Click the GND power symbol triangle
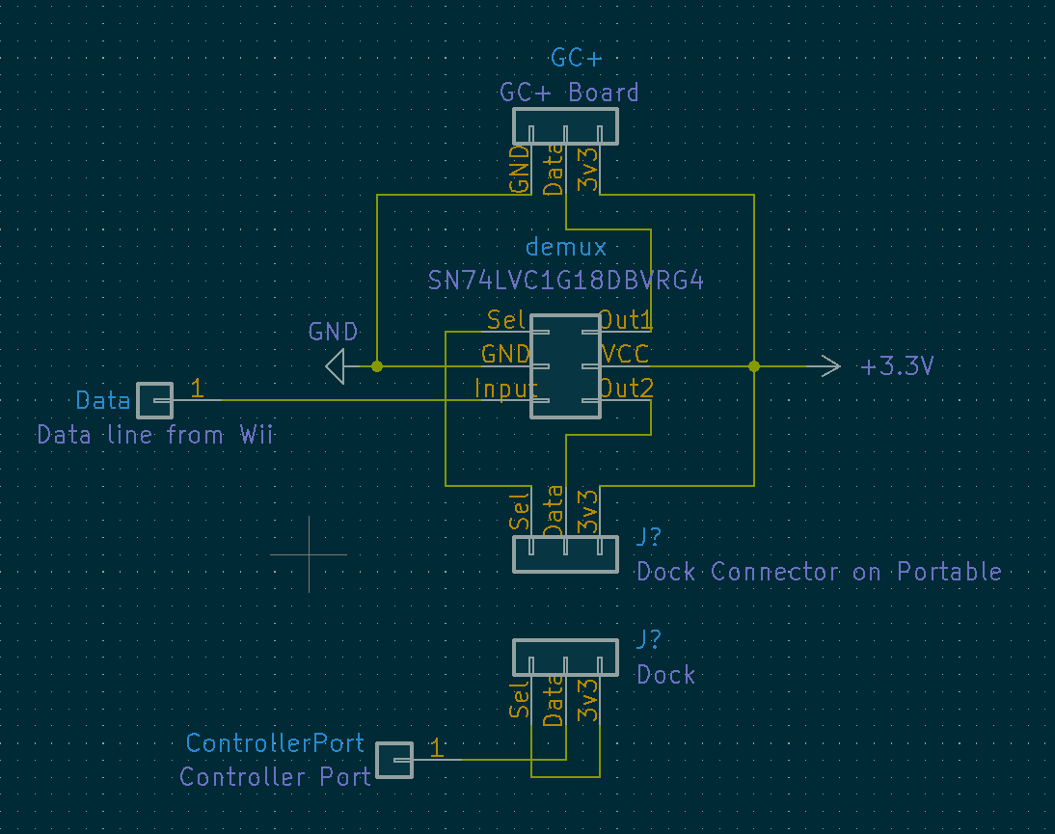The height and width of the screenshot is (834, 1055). pos(336,366)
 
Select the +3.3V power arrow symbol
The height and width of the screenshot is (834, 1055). pos(824,366)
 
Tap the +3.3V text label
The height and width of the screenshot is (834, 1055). pos(897,366)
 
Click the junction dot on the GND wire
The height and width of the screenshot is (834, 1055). pos(377,366)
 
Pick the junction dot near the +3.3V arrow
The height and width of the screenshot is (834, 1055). pos(753,366)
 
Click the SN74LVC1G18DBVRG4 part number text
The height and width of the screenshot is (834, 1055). pos(566,281)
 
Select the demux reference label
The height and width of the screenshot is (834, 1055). pos(566,247)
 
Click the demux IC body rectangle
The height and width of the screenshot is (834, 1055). pos(565,366)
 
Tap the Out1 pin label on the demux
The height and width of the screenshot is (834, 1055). pos(626,320)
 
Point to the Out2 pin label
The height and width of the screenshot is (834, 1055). pos(627,389)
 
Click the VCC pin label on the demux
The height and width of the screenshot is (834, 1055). pos(625,354)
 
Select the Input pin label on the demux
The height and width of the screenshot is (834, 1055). pos(506,389)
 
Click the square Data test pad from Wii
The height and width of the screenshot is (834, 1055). pos(154,400)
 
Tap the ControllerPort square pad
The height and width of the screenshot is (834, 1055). pos(394,760)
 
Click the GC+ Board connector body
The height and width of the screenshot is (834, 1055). pos(565,126)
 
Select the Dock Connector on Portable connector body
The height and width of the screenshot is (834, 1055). pos(565,554)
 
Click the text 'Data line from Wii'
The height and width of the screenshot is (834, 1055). pos(154,435)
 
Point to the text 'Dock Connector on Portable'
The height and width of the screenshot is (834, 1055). pos(819,572)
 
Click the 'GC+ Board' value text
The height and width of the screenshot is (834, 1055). pos(569,93)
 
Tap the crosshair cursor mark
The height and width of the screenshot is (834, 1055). pos(309,555)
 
